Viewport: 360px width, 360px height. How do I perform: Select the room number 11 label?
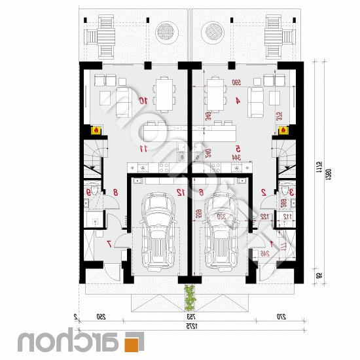point(143,149)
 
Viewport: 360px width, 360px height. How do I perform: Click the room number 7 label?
point(109,243)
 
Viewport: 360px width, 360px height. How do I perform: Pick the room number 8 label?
point(116,192)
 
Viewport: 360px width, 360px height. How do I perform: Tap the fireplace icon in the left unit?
point(97,130)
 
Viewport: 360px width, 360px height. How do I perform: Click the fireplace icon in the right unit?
point(284,130)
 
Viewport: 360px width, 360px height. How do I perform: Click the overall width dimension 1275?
point(190,325)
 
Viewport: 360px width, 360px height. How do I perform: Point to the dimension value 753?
point(190,317)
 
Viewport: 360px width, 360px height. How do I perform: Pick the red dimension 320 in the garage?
point(221,217)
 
